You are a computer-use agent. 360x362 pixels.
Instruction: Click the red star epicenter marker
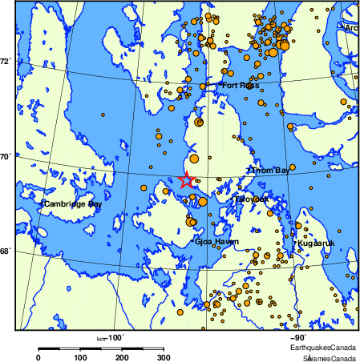(186, 180)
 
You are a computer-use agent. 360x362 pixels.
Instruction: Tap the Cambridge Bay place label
(73, 204)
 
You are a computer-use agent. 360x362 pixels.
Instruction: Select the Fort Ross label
(241, 85)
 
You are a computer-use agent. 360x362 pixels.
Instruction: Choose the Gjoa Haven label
(216, 241)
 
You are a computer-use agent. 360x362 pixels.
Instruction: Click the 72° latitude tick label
(6, 61)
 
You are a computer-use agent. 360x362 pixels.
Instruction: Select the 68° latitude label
(6, 251)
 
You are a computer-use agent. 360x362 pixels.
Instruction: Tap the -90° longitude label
(297, 337)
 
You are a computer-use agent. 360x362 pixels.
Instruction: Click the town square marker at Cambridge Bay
(42, 204)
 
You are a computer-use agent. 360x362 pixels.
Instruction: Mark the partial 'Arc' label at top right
(350, 27)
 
